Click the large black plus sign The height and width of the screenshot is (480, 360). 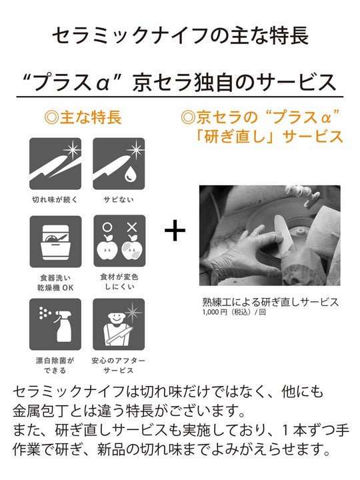(x=175, y=231)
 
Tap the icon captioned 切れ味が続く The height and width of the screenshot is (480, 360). (x=55, y=163)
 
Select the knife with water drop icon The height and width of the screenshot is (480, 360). (x=119, y=163)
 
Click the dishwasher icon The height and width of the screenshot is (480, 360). (x=55, y=241)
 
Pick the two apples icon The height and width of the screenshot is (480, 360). (x=119, y=241)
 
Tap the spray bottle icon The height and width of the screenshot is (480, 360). (x=55, y=325)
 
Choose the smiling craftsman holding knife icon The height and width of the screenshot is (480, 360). (x=119, y=325)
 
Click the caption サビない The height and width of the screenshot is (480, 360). (x=119, y=199)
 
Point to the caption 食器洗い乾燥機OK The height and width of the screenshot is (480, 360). (x=55, y=283)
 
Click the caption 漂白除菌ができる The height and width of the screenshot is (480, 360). (x=55, y=365)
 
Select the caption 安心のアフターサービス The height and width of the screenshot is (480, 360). (x=119, y=365)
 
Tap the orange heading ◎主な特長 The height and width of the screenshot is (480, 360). (x=83, y=117)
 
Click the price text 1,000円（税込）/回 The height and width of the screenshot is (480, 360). (x=234, y=312)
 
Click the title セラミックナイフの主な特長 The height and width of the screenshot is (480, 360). (x=180, y=35)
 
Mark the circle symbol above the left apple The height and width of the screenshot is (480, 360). (x=107, y=227)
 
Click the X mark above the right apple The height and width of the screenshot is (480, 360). (x=132, y=227)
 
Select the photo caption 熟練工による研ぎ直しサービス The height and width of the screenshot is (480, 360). (x=271, y=302)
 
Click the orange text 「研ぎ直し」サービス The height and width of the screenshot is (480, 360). (x=269, y=137)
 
